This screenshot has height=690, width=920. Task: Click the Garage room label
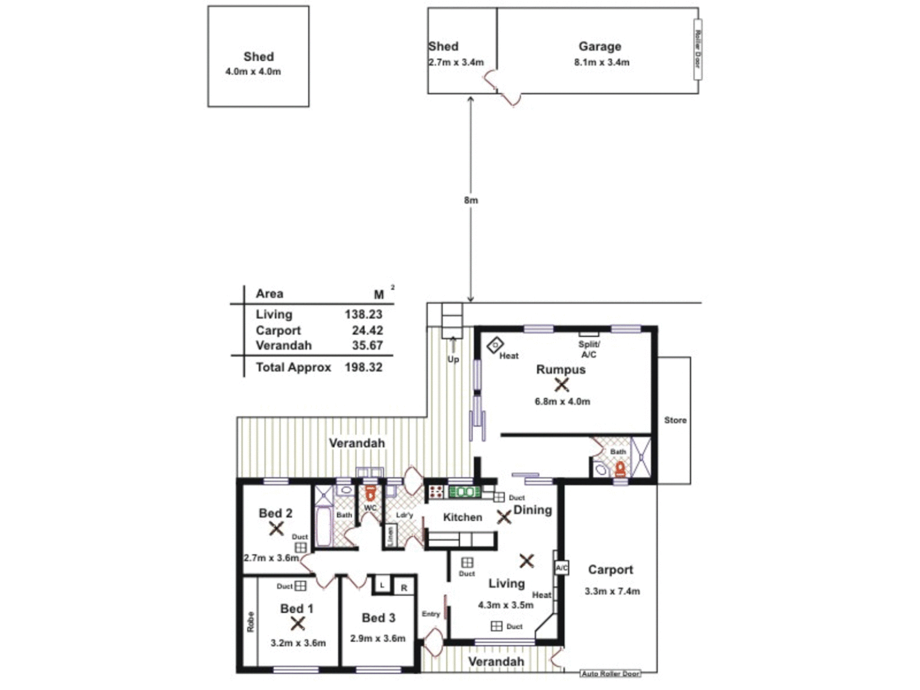tap(599, 47)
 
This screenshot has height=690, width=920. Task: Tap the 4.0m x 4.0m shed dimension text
tap(253, 72)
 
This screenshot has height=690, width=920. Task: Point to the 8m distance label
tap(471, 200)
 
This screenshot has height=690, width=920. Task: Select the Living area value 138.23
tap(364, 314)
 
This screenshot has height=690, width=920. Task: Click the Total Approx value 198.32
tap(364, 367)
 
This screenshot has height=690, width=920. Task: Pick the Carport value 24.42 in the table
tap(367, 330)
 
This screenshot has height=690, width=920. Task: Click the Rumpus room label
tap(560, 369)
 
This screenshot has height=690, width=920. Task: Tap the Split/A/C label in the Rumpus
tap(588, 349)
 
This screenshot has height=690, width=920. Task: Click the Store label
tap(675, 420)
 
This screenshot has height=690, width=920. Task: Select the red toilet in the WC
tap(370, 494)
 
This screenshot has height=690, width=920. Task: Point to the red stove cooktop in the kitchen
tap(436, 492)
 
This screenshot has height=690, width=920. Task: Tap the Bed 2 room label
tap(275, 513)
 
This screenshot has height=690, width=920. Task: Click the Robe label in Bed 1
tap(250, 622)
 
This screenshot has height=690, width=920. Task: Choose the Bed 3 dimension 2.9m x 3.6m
tap(378, 638)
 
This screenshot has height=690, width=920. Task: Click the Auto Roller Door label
tap(610, 673)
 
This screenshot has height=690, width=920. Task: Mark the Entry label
tap(431, 614)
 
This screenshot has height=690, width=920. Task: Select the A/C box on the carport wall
tap(561, 567)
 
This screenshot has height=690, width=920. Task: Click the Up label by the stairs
tap(453, 359)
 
